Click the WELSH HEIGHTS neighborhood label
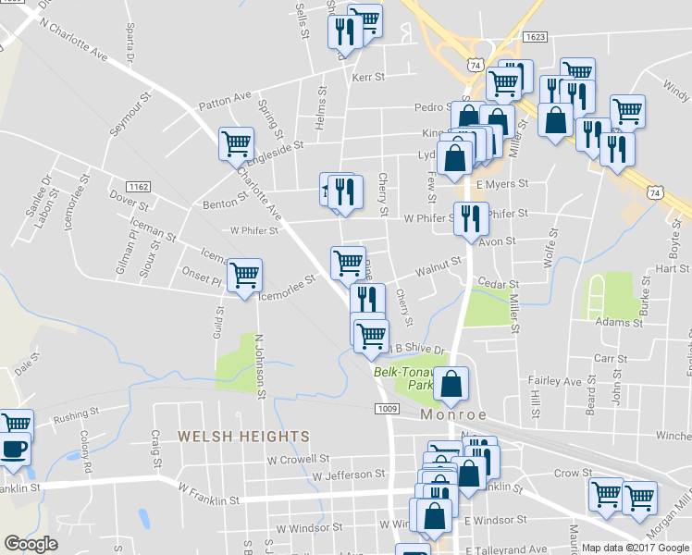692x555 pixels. click(x=230, y=436)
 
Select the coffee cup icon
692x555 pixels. click(x=14, y=450)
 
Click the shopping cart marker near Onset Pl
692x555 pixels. click(x=245, y=274)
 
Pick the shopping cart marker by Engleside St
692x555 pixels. click(x=236, y=143)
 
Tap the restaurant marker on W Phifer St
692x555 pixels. click(x=471, y=218)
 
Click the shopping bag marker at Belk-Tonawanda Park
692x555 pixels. click(x=451, y=383)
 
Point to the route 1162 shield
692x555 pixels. click(x=139, y=187)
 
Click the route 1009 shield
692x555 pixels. click(x=387, y=408)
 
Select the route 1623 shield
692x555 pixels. click(x=536, y=37)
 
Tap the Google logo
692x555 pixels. click(x=31, y=544)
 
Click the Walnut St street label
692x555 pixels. click(x=438, y=265)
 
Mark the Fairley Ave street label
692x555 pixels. click(x=555, y=380)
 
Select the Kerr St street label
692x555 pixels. click(x=368, y=78)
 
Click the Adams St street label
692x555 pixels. click(x=619, y=323)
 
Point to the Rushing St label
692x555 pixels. click(x=76, y=418)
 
